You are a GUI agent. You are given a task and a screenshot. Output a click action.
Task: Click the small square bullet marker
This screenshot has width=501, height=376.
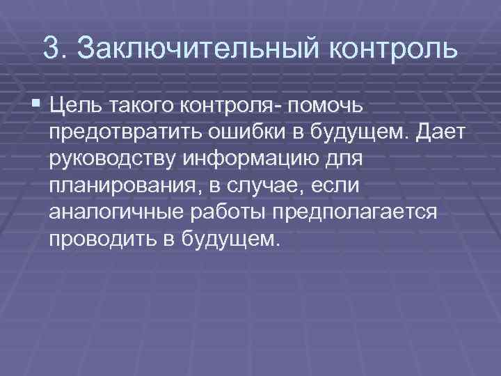click(x=35, y=106)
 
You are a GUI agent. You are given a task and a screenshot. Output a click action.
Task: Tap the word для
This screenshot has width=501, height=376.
click(x=342, y=159)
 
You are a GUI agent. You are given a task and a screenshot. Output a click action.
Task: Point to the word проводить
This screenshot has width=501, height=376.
click(x=102, y=238)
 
